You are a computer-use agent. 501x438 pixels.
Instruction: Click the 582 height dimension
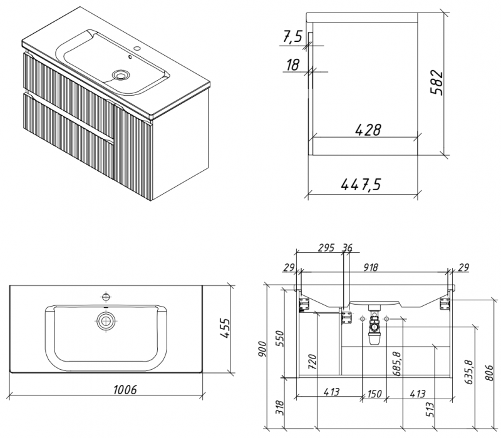pos(437,82)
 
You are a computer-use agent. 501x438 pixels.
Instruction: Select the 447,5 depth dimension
pos(361,184)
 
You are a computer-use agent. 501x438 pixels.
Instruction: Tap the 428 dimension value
pos(368,130)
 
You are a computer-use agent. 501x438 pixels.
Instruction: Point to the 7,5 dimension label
pos(292,37)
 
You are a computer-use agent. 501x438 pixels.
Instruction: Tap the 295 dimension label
pos(326,248)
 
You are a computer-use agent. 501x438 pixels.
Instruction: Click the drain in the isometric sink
pos(120,75)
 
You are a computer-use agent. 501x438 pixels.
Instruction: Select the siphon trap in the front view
pos(375,327)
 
